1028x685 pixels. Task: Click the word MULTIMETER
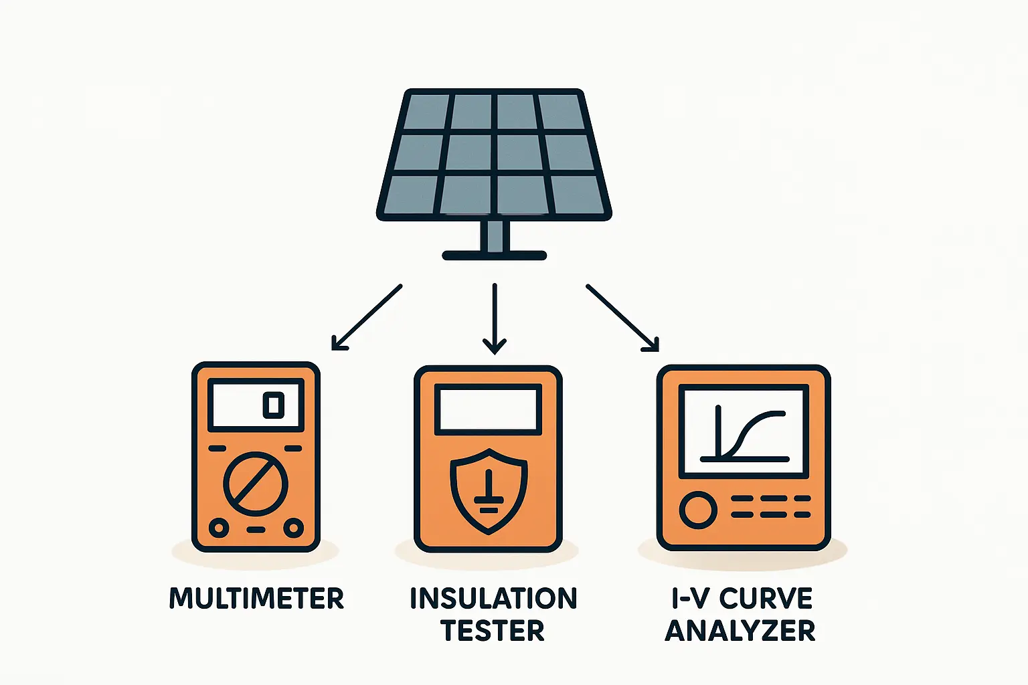click(x=256, y=597)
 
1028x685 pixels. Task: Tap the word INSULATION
click(x=493, y=598)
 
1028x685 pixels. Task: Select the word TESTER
click(x=493, y=630)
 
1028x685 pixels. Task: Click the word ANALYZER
click(x=740, y=630)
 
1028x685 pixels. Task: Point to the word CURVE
click(x=766, y=598)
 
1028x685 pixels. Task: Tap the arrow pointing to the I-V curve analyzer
click(x=622, y=317)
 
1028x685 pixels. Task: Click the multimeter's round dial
click(x=255, y=484)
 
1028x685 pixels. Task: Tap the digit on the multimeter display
click(x=273, y=405)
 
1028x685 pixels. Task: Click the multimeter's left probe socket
click(x=218, y=528)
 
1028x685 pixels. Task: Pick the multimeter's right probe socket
click(x=293, y=528)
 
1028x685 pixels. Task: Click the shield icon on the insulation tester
click(x=489, y=490)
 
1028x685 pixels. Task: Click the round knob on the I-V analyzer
click(x=698, y=510)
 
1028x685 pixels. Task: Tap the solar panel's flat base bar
click(x=495, y=256)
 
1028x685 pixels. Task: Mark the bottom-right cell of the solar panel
click(x=577, y=194)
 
